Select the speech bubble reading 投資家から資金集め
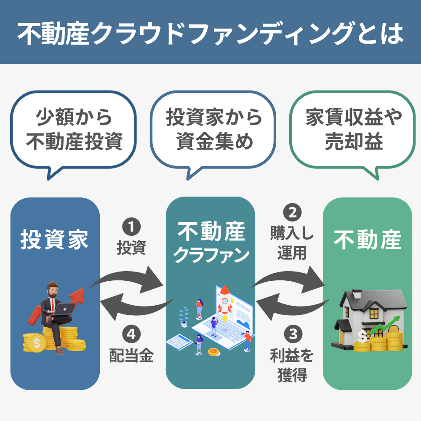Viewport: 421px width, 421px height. click(x=213, y=131)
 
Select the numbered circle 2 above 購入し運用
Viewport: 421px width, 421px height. click(x=291, y=213)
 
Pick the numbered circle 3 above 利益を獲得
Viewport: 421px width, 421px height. click(x=291, y=335)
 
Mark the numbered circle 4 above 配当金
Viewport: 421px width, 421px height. click(x=131, y=335)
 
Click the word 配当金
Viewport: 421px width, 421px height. click(x=131, y=356)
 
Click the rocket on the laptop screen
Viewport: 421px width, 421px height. click(x=225, y=299)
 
